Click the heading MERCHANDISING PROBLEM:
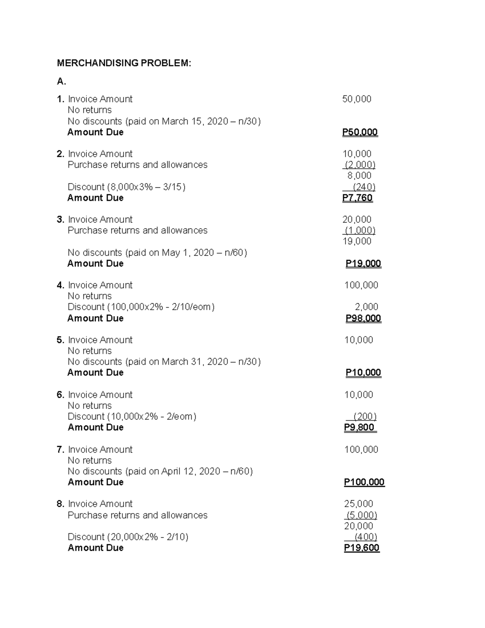(x=124, y=63)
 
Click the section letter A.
(x=61, y=82)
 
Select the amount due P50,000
(x=360, y=132)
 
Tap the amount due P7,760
(x=357, y=198)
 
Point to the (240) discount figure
(x=364, y=187)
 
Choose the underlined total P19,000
(x=363, y=264)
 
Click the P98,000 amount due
(x=363, y=318)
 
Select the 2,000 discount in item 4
(x=366, y=307)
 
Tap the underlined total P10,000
(x=363, y=373)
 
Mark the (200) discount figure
(x=365, y=417)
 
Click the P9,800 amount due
(x=359, y=427)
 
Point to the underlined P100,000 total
(x=364, y=482)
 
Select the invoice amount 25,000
(x=358, y=504)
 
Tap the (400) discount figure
(x=366, y=537)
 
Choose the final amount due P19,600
(x=362, y=548)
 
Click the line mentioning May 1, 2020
(x=157, y=253)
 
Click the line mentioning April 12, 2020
(x=160, y=472)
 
